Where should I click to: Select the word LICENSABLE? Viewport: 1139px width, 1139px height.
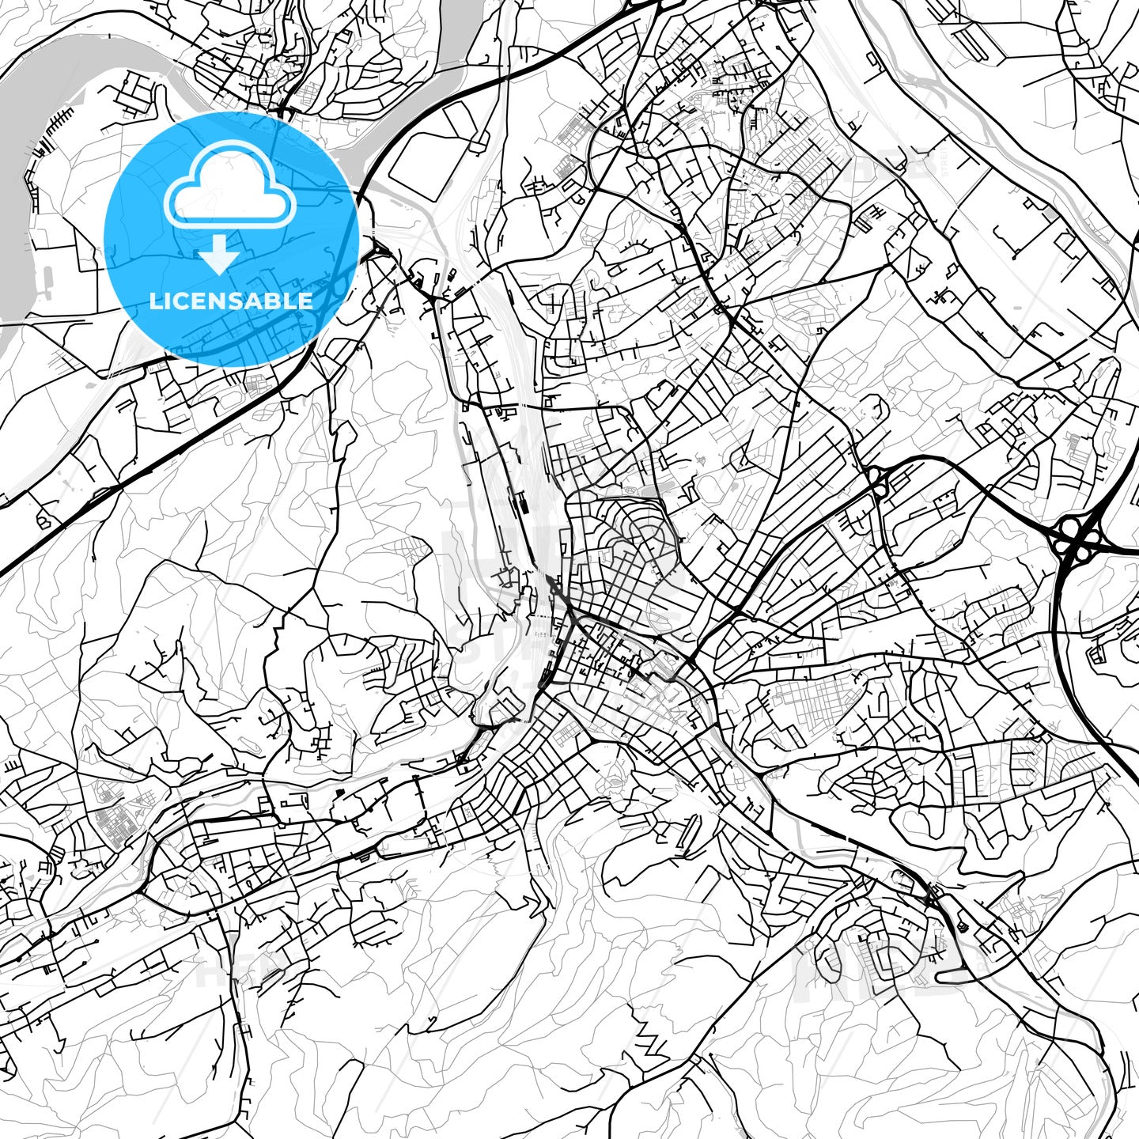231,301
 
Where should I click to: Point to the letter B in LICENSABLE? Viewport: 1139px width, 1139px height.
267,301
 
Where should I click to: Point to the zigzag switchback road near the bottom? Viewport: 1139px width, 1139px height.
653,1044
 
